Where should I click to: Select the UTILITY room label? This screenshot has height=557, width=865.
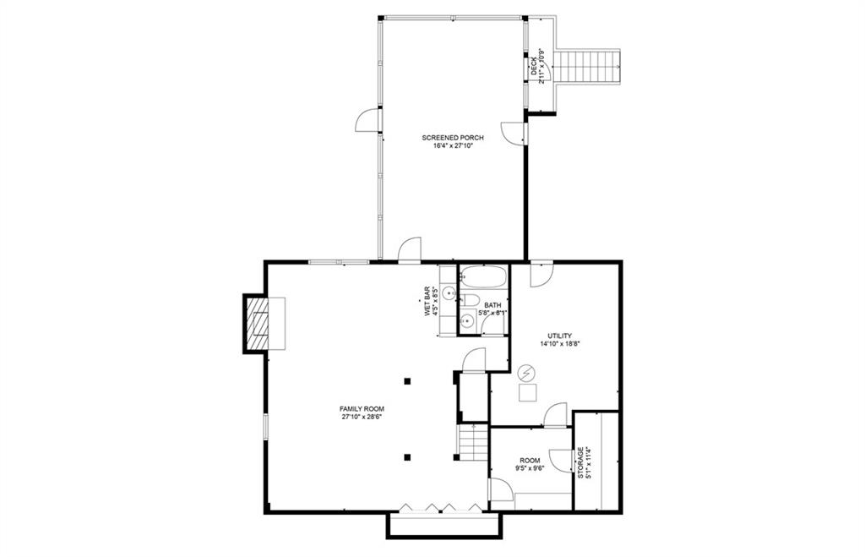tap(560, 335)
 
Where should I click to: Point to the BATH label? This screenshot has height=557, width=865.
tap(492, 305)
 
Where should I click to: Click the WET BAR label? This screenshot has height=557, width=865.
tap(428, 302)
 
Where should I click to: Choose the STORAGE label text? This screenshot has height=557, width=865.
tap(580, 462)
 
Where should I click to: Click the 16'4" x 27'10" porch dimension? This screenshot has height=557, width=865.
tap(454, 145)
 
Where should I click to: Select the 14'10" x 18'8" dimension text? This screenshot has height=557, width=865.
tap(560, 343)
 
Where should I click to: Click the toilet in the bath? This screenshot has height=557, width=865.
tap(470, 299)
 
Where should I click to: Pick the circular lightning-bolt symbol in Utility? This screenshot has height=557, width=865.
tap(527, 373)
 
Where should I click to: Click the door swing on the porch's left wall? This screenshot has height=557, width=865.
tap(369, 122)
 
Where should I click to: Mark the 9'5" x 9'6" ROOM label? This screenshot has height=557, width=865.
tap(530, 464)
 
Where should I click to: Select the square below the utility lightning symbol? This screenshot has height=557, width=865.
tap(527, 392)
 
